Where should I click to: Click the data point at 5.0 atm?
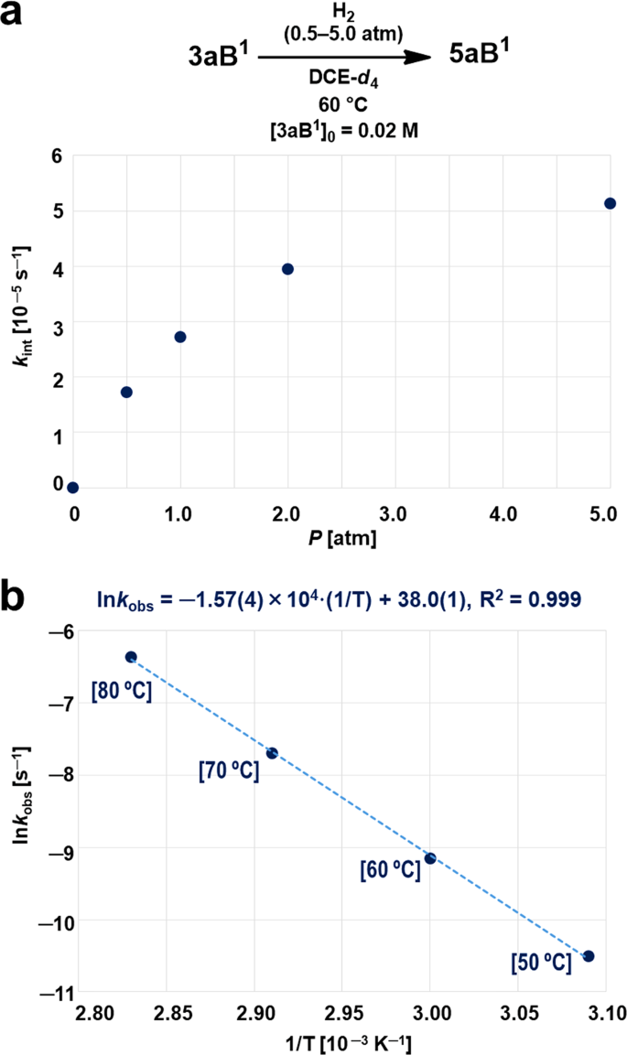(610, 203)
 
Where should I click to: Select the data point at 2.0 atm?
(287, 269)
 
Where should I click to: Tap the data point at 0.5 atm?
(126, 393)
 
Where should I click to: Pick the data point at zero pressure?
(73, 488)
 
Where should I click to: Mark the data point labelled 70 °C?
(272, 753)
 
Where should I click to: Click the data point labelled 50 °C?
(589, 956)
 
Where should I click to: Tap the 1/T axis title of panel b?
(341, 1042)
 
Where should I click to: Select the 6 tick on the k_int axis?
(56, 156)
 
